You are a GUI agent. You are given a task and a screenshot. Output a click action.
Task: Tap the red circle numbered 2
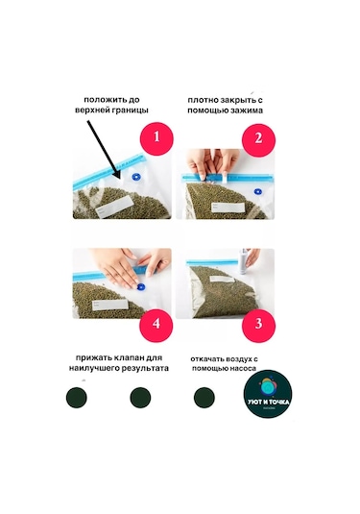tap(258, 139)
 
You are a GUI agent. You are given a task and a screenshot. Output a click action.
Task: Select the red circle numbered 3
tap(258, 325)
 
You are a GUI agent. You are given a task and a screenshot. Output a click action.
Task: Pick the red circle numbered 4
tap(156, 325)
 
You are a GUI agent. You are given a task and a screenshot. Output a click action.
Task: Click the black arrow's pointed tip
tap(121, 180)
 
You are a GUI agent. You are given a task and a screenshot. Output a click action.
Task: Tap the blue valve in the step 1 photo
tap(136, 177)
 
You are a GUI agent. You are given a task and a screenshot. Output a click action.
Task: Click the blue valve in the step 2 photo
tap(258, 192)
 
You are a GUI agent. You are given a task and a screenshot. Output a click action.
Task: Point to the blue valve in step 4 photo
tap(141, 287)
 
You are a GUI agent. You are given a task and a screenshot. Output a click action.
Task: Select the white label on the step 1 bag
tap(115, 207)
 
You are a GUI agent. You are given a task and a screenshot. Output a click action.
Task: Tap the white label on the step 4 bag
tap(109, 305)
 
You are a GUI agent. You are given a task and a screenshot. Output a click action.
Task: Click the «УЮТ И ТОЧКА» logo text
tap(269, 402)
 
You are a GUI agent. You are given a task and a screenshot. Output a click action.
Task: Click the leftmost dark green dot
tap(77, 398)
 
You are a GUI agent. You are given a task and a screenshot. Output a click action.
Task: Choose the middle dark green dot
tap(140, 398)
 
